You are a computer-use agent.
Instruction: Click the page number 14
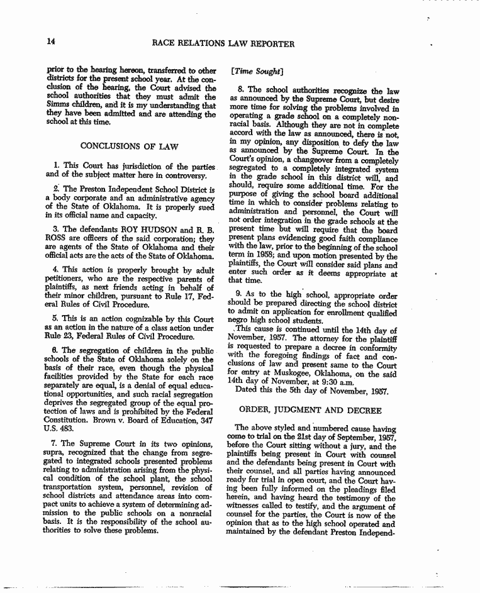click(x=52, y=43)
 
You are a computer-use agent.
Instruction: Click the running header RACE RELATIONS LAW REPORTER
click(x=223, y=44)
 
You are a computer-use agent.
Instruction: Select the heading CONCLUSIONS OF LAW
click(x=129, y=147)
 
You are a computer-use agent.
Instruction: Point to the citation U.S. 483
click(x=60, y=427)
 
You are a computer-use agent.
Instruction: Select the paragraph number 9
click(x=238, y=292)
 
